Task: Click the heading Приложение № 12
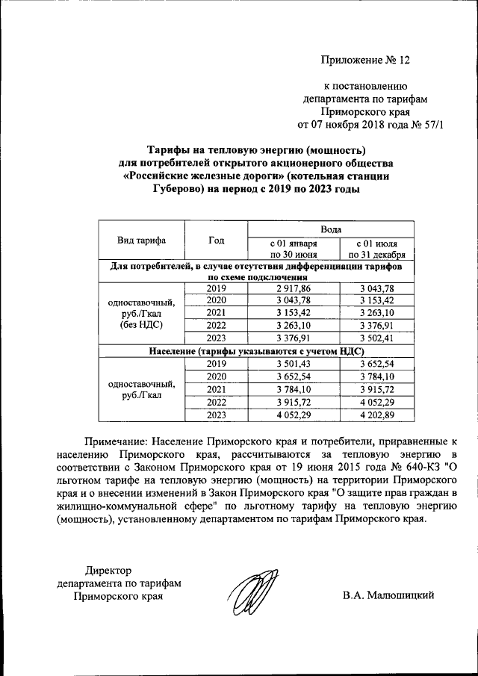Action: pyautogui.click(x=366, y=60)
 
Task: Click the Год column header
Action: pyautogui.click(x=217, y=241)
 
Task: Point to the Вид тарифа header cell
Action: pyautogui.click(x=142, y=241)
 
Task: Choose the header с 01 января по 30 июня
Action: pyautogui.click(x=294, y=249)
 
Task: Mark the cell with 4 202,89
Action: pyautogui.click(x=377, y=415)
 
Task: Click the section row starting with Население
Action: pyautogui.click(x=256, y=351)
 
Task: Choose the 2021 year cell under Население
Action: pyautogui.click(x=217, y=389)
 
